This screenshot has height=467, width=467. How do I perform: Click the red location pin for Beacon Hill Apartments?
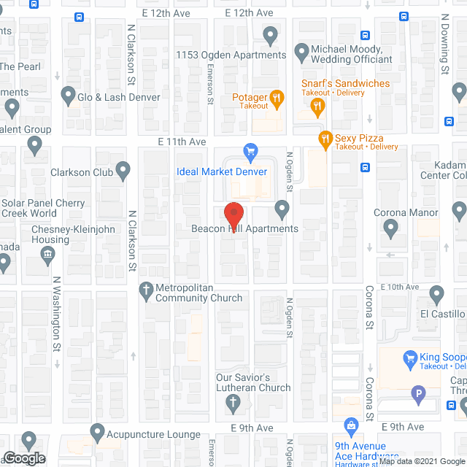(233, 215)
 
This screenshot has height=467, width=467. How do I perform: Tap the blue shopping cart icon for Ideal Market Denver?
(251, 153)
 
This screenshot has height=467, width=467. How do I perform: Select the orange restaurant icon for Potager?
(276, 97)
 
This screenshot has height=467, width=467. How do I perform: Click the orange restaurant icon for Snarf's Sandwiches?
(317, 107)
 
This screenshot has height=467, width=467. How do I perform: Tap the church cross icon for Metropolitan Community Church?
(145, 289)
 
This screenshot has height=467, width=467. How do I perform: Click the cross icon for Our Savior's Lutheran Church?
(233, 401)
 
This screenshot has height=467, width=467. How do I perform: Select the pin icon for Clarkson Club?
(123, 172)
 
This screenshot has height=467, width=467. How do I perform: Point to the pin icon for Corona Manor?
(390, 229)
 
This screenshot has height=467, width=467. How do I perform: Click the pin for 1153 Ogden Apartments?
(271, 35)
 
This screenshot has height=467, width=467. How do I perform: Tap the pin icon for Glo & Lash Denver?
(69, 95)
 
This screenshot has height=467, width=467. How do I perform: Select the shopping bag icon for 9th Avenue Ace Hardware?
(351, 425)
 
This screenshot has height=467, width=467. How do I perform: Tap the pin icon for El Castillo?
(436, 295)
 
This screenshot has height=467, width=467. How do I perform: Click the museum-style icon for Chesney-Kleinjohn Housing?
(48, 254)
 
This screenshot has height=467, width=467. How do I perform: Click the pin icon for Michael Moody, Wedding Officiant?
(301, 52)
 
